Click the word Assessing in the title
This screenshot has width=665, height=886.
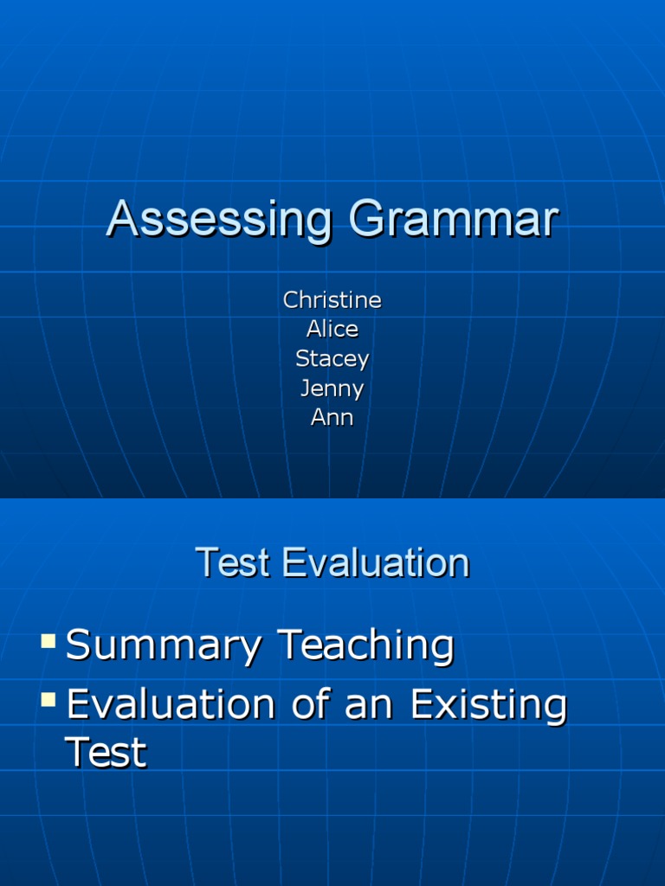point(219,219)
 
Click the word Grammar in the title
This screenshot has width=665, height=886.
point(454,219)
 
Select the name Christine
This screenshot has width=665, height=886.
point(332,300)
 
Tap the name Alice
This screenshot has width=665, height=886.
point(332,329)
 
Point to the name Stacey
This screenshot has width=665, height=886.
point(332,358)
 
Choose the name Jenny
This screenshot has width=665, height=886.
point(332,388)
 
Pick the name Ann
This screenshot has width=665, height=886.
point(332,418)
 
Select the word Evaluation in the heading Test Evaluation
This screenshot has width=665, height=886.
point(377,563)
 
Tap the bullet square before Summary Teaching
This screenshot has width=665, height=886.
point(48,641)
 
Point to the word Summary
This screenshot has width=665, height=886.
point(163,647)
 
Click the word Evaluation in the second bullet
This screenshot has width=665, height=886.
point(170,705)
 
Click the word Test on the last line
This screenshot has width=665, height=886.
point(106,753)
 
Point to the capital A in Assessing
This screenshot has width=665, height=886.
point(122,219)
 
